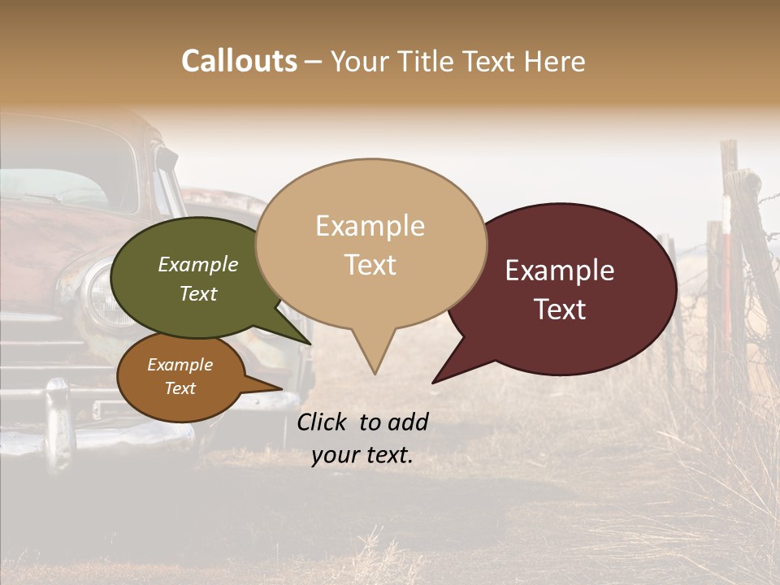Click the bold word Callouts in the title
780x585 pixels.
[x=239, y=61]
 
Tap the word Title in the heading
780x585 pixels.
[x=428, y=61]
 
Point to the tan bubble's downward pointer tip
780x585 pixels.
[x=375, y=373]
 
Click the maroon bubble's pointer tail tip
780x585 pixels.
[x=433, y=382]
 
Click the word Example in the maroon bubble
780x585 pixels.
[x=560, y=271]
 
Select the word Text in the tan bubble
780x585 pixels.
[x=370, y=265]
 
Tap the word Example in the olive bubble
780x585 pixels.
[x=198, y=264]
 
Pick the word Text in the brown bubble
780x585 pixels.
[x=180, y=388]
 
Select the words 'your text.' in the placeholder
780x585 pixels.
[x=362, y=456]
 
